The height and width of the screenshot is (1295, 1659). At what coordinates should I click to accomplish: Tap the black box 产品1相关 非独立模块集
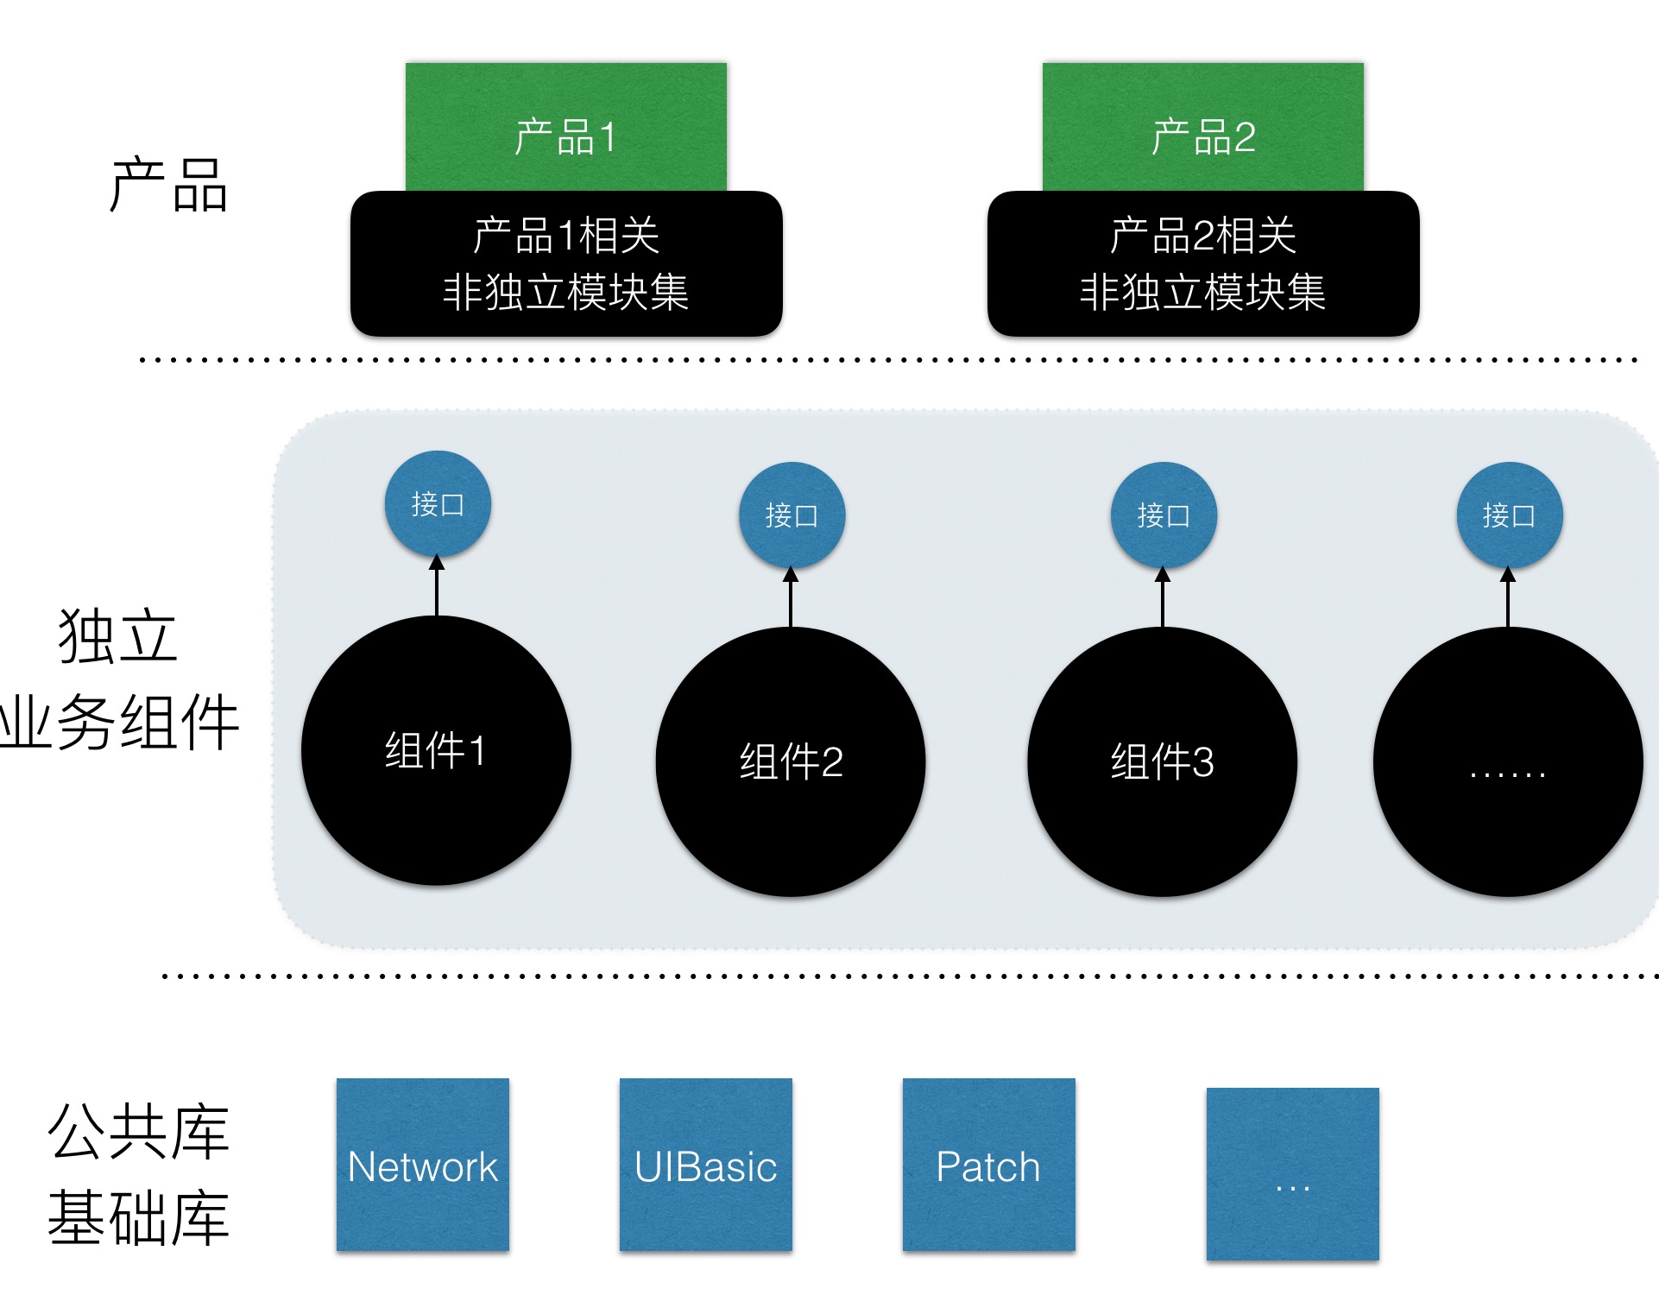565,263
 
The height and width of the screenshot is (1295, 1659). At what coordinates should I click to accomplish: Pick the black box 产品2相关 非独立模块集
1202,263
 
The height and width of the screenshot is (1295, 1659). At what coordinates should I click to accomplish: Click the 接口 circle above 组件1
438,504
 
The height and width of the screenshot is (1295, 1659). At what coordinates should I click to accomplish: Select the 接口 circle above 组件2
792,515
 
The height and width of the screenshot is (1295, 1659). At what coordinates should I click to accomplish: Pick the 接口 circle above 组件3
1164,515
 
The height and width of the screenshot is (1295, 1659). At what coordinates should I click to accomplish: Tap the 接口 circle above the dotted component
1509,515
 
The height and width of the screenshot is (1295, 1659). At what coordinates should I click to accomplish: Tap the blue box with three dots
1292,1174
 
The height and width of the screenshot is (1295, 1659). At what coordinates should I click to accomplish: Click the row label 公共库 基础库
138,1174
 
